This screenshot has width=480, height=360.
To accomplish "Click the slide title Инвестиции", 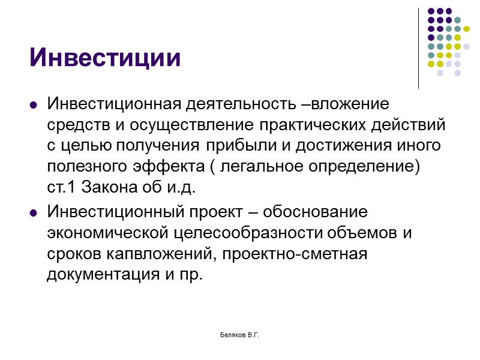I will [105, 58].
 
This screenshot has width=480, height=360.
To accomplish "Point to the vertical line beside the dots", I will [418, 48].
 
